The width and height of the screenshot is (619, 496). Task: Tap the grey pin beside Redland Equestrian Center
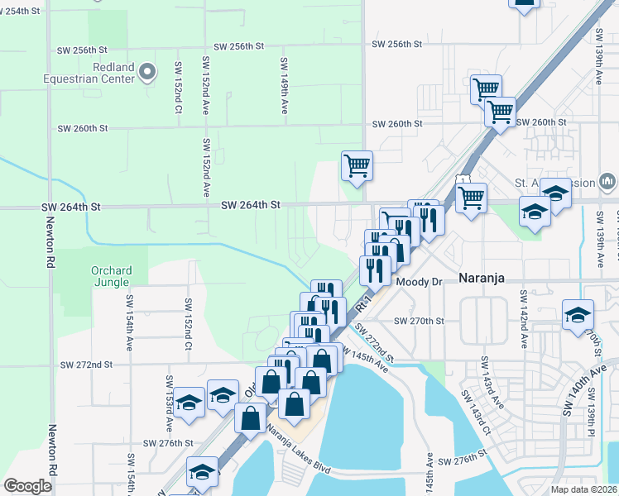click(x=148, y=73)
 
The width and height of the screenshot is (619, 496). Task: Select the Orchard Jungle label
click(x=118, y=277)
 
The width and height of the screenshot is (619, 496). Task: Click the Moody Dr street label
click(x=420, y=282)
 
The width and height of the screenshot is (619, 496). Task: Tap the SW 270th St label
click(x=419, y=321)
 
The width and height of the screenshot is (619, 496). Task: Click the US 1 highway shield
click(x=462, y=181)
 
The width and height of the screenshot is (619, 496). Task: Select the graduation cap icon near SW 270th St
click(x=578, y=315)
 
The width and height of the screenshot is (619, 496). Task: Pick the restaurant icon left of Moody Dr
click(x=374, y=269)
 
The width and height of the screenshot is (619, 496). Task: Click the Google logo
click(x=27, y=485)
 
